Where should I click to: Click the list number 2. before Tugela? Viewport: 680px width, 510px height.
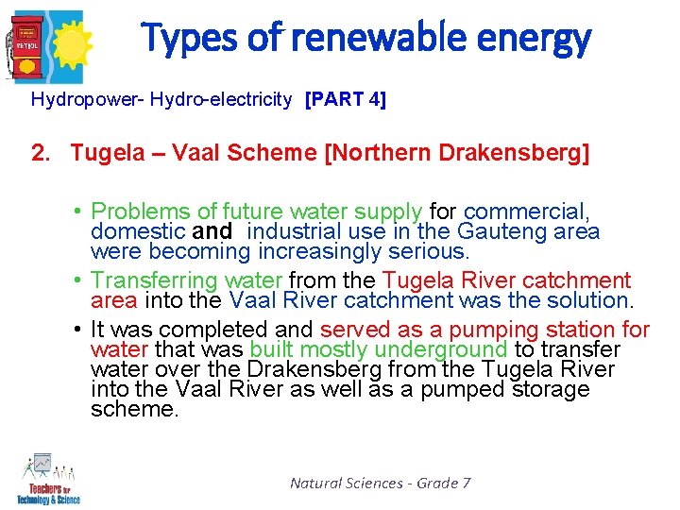pos(42,153)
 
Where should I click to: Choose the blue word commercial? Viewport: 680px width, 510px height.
pos(526,212)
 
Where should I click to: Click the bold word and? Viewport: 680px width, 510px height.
pos(212,231)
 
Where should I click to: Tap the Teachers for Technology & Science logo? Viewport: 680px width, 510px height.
pos(47,480)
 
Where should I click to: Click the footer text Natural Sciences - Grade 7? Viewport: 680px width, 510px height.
pos(380,483)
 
